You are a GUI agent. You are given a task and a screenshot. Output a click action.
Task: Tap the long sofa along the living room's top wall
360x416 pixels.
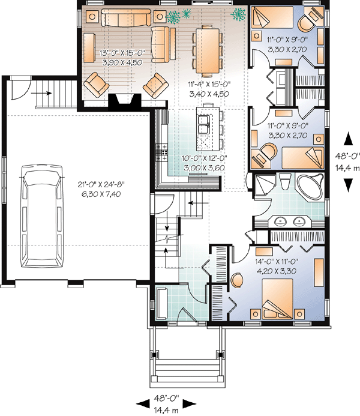(x=126, y=19)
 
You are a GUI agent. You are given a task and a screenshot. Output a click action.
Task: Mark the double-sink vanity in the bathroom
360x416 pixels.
(x=289, y=220)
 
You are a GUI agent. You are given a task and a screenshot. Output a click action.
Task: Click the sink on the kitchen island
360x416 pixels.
(x=203, y=125)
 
